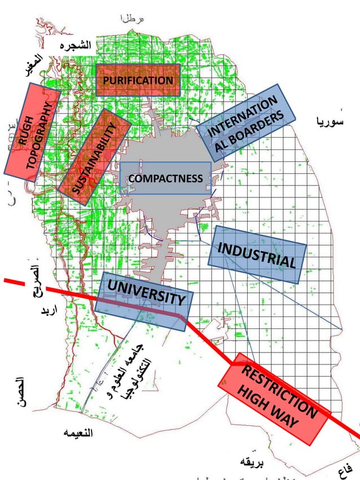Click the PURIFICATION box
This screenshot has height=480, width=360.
point(138,80)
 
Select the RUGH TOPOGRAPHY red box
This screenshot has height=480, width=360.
point(33,132)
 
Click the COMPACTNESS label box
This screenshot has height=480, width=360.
point(165,179)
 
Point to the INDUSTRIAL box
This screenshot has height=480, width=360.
point(257,255)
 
